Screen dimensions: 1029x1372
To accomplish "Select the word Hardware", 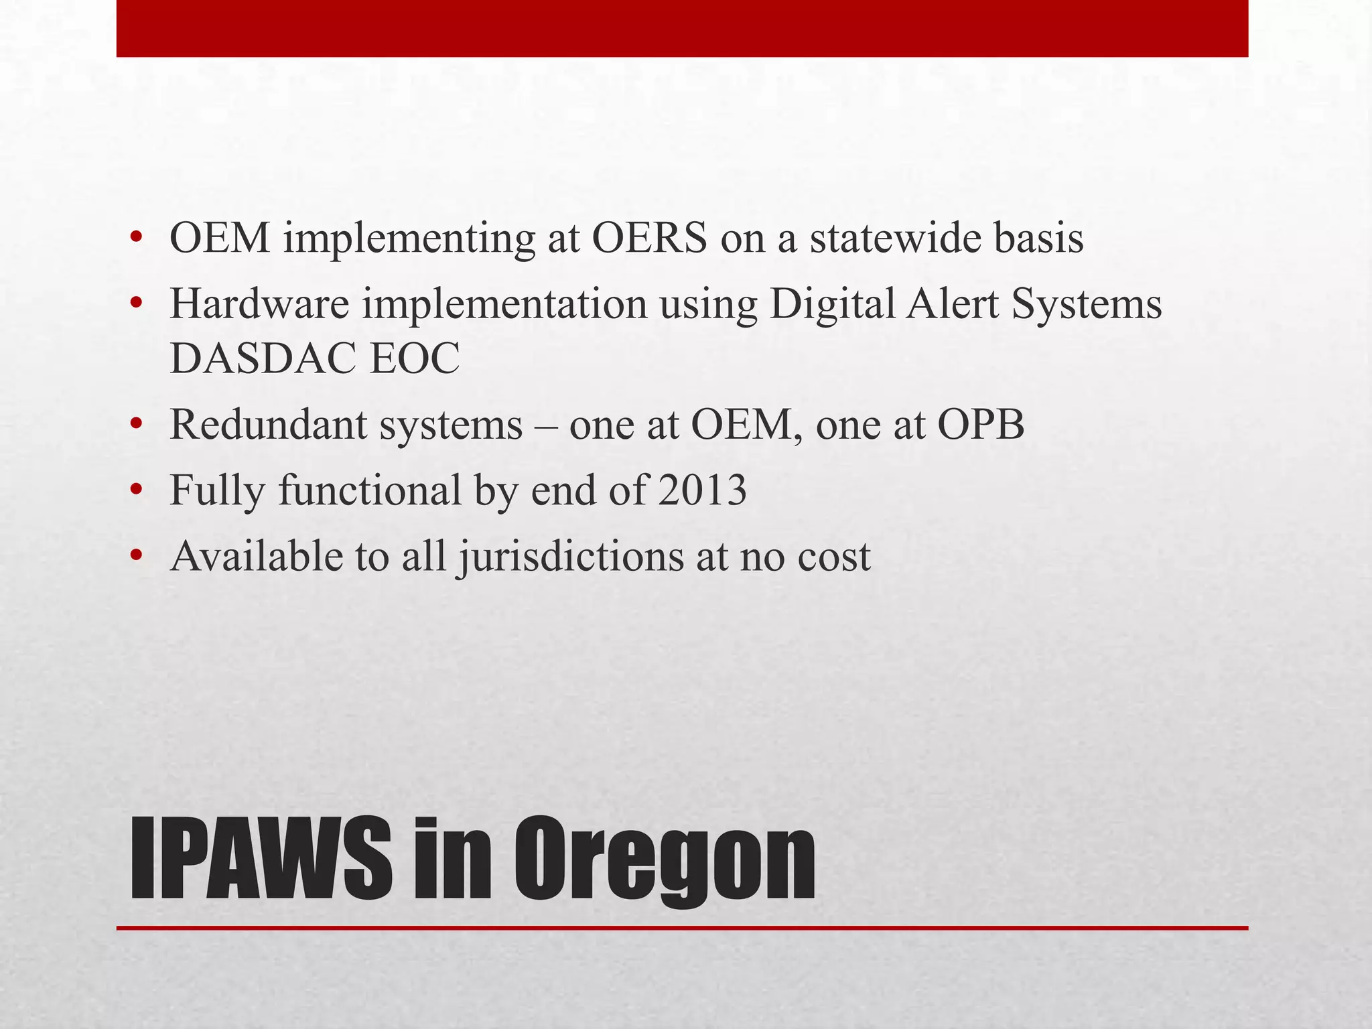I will [x=259, y=303].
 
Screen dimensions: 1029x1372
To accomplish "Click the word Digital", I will [x=832, y=303].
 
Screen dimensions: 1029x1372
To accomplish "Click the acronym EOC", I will [x=415, y=358].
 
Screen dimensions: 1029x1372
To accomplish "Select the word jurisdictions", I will [x=571, y=557].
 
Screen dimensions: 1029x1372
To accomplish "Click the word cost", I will [x=833, y=557].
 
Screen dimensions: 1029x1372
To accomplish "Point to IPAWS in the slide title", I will [x=261, y=859].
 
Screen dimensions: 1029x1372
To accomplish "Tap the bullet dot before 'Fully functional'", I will [x=137, y=491].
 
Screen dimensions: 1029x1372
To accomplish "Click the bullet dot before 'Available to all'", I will [x=137, y=557].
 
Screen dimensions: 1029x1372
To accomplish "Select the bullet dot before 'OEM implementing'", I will [x=137, y=239].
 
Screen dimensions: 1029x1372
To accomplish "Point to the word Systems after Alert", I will [x=1087, y=305].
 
